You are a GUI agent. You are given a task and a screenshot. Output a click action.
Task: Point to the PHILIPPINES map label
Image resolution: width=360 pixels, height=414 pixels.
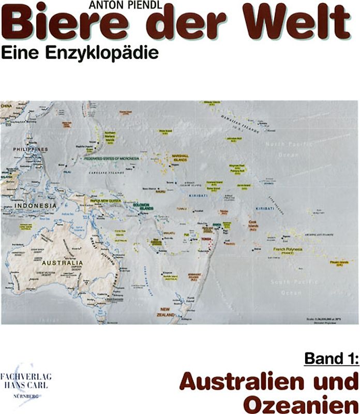click(31, 150)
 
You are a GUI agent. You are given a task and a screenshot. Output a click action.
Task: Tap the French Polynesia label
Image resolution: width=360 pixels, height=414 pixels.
click(289, 249)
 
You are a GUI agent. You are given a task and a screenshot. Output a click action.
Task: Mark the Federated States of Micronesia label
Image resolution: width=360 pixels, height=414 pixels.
click(115, 159)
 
